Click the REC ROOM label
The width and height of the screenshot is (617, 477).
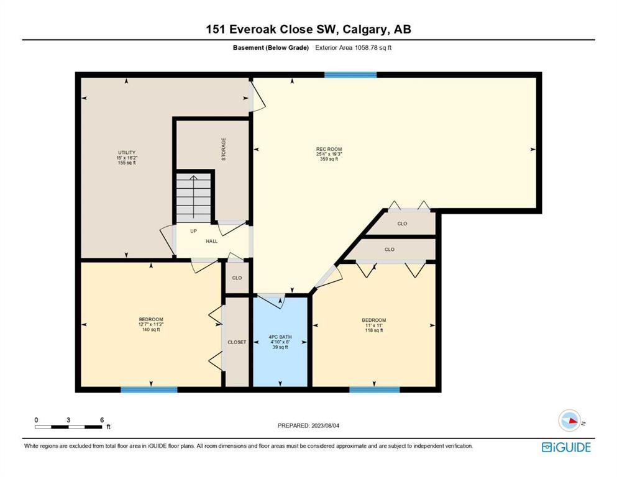click(x=329, y=149)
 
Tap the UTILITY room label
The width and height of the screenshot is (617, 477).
click(x=127, y=153)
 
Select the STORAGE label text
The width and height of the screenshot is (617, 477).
click(x=224, y=149)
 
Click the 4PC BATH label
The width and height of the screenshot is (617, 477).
click(x=280, y=337)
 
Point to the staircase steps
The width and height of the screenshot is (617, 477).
click(x=193, y=198)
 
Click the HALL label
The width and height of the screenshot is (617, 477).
click(x=212, y=241)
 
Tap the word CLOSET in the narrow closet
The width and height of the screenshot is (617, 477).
click(x=237, y=342)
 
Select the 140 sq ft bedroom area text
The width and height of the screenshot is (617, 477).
click(x=151, y=330)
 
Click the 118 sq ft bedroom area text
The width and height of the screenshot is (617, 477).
click(x=374, y=330)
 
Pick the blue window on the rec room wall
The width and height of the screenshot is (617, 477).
click(x=350, y=75)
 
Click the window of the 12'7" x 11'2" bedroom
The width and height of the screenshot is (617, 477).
click(x=149, y=389)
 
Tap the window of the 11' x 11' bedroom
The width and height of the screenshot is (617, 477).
click(x=375, y=389)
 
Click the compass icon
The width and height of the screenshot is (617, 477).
click(x=570, y=420)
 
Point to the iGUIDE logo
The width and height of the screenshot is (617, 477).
click(x=566, y=448)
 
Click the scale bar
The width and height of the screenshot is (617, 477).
click(x=68, y=427)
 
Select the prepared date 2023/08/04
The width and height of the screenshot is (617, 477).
click(x=325, y=425)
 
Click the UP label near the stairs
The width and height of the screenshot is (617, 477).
click(x=194, y=231)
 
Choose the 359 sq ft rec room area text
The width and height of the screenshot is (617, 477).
click(x=329, y=159)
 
